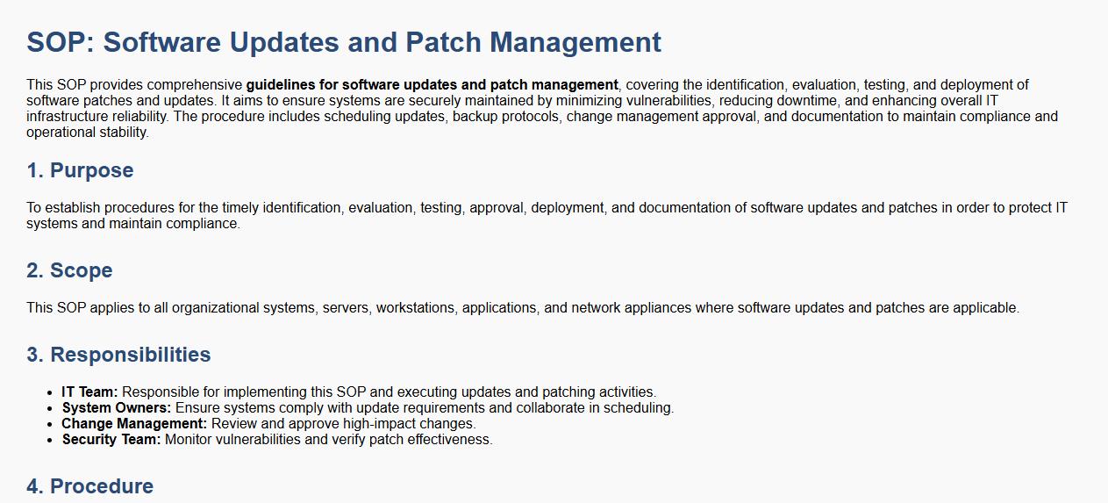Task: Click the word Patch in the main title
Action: point(443,42)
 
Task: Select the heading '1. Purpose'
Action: point(80,170)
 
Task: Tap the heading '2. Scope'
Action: point(70,270)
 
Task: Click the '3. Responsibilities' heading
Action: point(118,355)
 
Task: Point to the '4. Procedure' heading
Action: point(90,486)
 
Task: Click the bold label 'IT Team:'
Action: point(89,392)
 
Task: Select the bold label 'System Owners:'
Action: point(117,408)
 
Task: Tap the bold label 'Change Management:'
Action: point(134,424)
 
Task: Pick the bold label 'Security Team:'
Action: point(111,440)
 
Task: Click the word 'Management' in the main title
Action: point(575,43)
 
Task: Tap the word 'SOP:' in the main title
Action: point(61,42)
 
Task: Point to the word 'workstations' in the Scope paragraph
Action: point(415,308)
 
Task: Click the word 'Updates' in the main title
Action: point(284,43)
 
